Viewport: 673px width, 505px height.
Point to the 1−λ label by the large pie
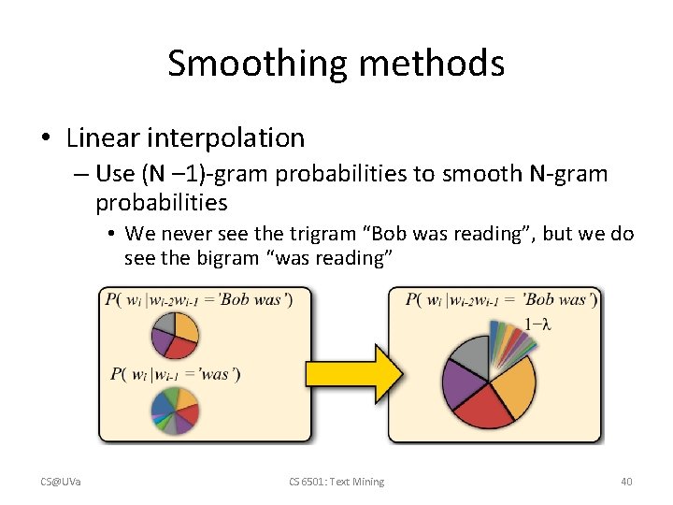[538, 324]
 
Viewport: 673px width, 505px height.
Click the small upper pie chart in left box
[175, 335]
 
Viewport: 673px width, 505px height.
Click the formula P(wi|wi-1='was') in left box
[175, 374]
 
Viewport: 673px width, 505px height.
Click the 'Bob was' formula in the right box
[501, 300]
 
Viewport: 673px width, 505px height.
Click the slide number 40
[626, 482]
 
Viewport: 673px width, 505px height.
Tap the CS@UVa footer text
[60, 482]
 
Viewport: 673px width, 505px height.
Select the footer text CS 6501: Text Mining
[336, 482]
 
